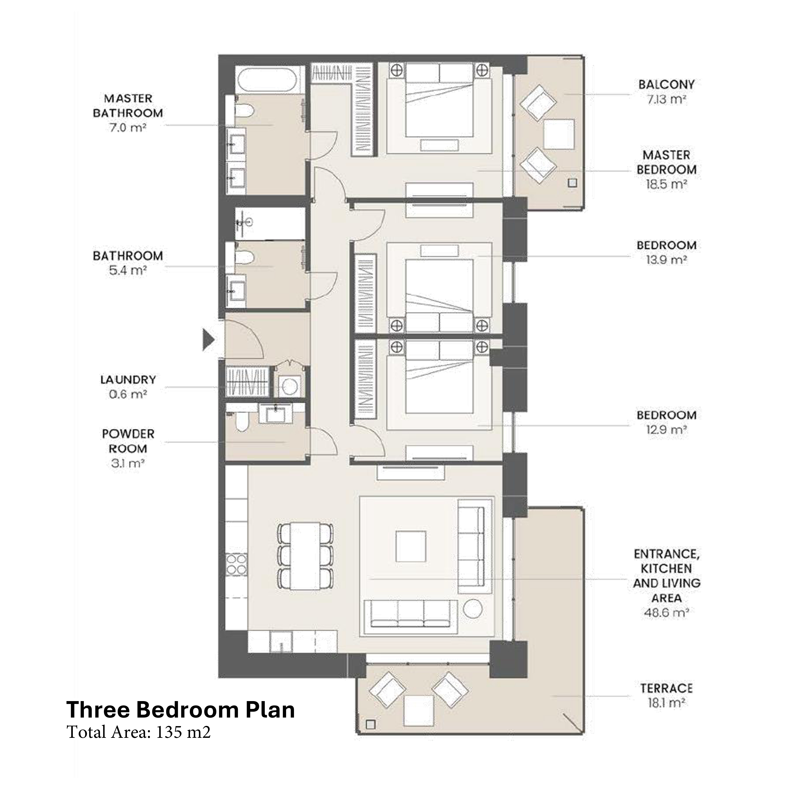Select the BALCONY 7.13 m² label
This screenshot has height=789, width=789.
coord(666,92)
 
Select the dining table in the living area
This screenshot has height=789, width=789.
coord(305,556)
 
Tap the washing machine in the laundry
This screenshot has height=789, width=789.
coord(290,386)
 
